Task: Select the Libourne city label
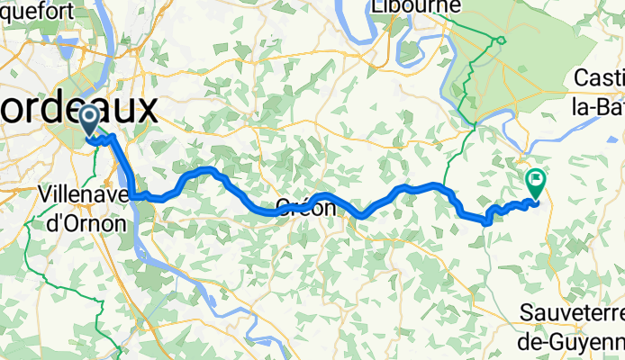[414, 7]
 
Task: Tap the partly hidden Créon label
[305, 207]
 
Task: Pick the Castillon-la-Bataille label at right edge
[600, 94]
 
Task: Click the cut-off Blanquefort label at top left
[36, 7]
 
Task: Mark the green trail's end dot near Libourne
[501, 39]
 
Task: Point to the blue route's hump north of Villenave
[207, 169]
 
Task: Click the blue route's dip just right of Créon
[362, 215]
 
